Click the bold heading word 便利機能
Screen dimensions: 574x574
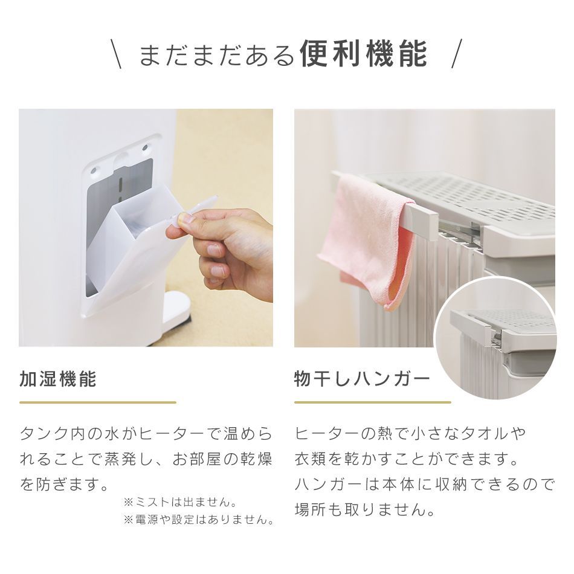pyautogui.click(x=363, y=54)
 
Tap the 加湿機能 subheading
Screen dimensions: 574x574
pyautogui.click(x=58, y=379)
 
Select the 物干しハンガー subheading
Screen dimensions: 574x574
pyautogui.click(x=362, y=379)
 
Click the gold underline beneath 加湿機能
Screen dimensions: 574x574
pyautogui.click(x=98, y=402)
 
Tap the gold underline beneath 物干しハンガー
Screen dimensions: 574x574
pyautogui.click(x=372, y=402)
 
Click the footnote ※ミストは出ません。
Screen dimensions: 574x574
pyautogui.click(x=179, y=502)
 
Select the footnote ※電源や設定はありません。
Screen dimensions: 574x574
pyautogui.click(x=199, y=520)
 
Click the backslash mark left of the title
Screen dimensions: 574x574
pyautogui.click(x=117, y=54)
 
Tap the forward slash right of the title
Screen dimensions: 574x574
pyautogui.click(x=457, y=54)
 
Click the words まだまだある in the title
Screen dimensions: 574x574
pyautogui.click(x=216, y=55)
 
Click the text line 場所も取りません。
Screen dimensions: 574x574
pyautogui.click(x=365, y=510)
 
